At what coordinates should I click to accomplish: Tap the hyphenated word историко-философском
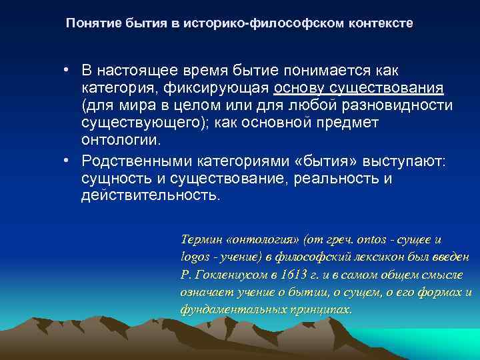point(264,23)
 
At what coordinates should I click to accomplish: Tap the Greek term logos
point(194,257)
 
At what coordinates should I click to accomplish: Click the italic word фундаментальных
point(227,310)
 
